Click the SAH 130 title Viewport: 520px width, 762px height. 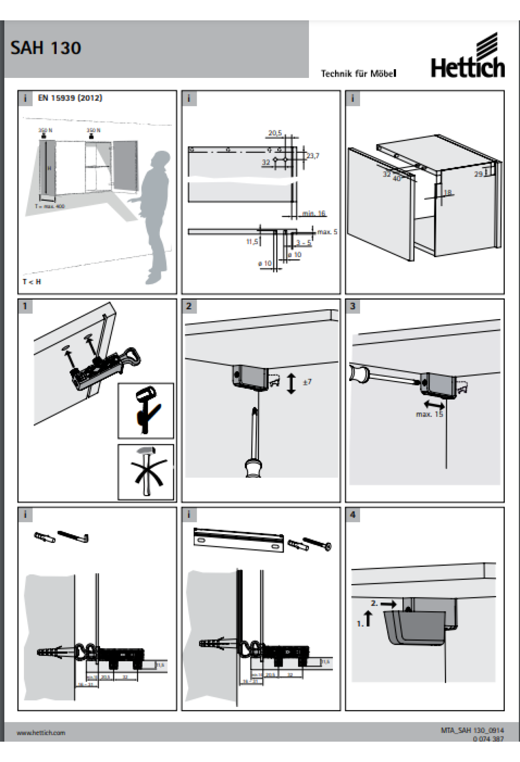[x=45, y=48]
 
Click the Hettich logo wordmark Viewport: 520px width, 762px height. [x=468, y=68]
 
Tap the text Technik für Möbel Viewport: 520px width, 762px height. [x=358, y=74]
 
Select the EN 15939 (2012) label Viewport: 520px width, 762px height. [x=70, y=98]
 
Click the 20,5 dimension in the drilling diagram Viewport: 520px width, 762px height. [x=275, y=133]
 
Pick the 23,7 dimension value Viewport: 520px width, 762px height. [x=312, y=155]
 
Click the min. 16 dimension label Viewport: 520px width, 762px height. [x=314, y=213]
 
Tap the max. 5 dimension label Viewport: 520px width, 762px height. [x=327, y=232]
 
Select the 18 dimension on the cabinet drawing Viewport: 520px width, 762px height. [x=448, y=192]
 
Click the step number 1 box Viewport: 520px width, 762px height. [x=25, y=306]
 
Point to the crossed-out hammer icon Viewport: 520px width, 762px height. [x=146, y=471]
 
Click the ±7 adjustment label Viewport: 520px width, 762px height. [x=307, y=382]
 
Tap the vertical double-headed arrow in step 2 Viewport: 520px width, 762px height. [x=291, y=383]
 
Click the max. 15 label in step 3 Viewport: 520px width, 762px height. [x=429, y=414]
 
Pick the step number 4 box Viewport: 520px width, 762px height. [x=352, y=515]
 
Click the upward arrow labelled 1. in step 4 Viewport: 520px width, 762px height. [x=368, y=618]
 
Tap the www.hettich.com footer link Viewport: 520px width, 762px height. [x=41, y=733]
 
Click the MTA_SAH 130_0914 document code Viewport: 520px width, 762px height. [x=472, y=730]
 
